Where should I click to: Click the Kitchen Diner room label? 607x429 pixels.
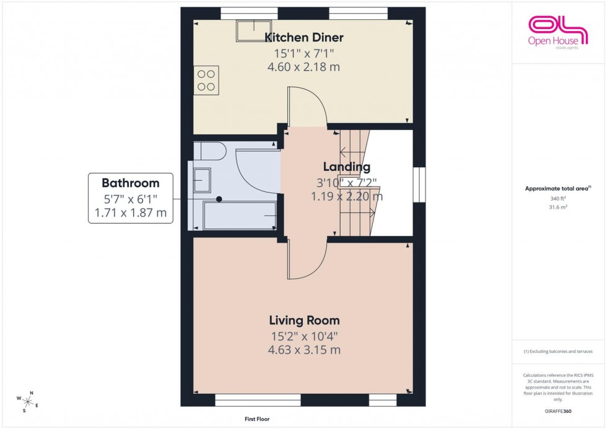click(303, 38)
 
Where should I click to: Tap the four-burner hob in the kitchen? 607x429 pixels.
click(206, 80)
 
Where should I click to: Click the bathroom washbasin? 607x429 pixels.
click(202, 180)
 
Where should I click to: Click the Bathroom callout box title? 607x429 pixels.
click(130, 183)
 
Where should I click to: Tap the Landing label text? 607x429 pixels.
click(347, 167)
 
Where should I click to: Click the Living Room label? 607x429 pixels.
click(303, 320)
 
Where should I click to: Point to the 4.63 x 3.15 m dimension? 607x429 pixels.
click(303, 350)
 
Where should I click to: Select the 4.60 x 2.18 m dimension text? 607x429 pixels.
click(303, 67)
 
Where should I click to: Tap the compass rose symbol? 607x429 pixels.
click(29, 401)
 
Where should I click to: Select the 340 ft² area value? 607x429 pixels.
click(559, 199)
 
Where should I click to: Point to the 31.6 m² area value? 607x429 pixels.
click(559, 207)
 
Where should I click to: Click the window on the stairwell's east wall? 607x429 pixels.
click(419, 184)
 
